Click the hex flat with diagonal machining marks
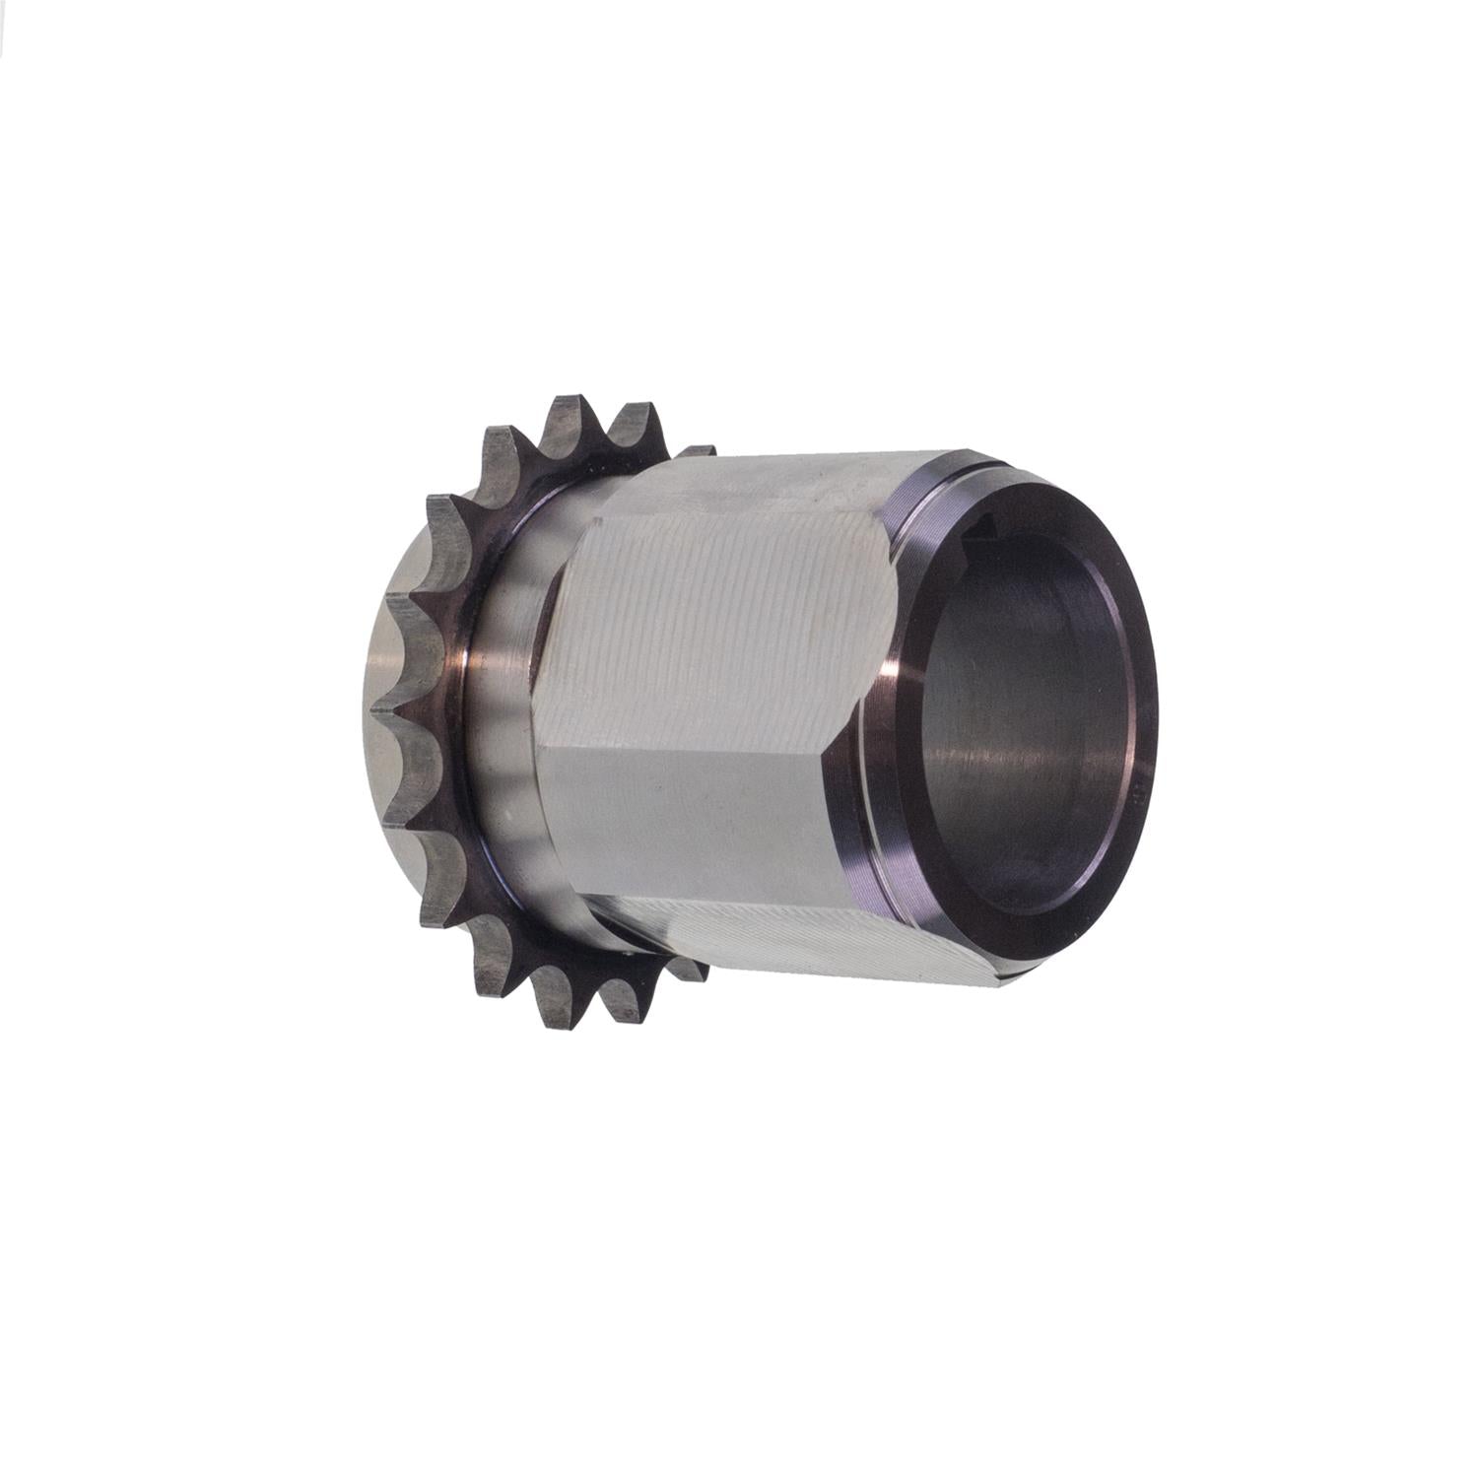pyautogui.click(x=719, y=611)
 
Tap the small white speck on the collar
pyautogui.click(x=508, y=817)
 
